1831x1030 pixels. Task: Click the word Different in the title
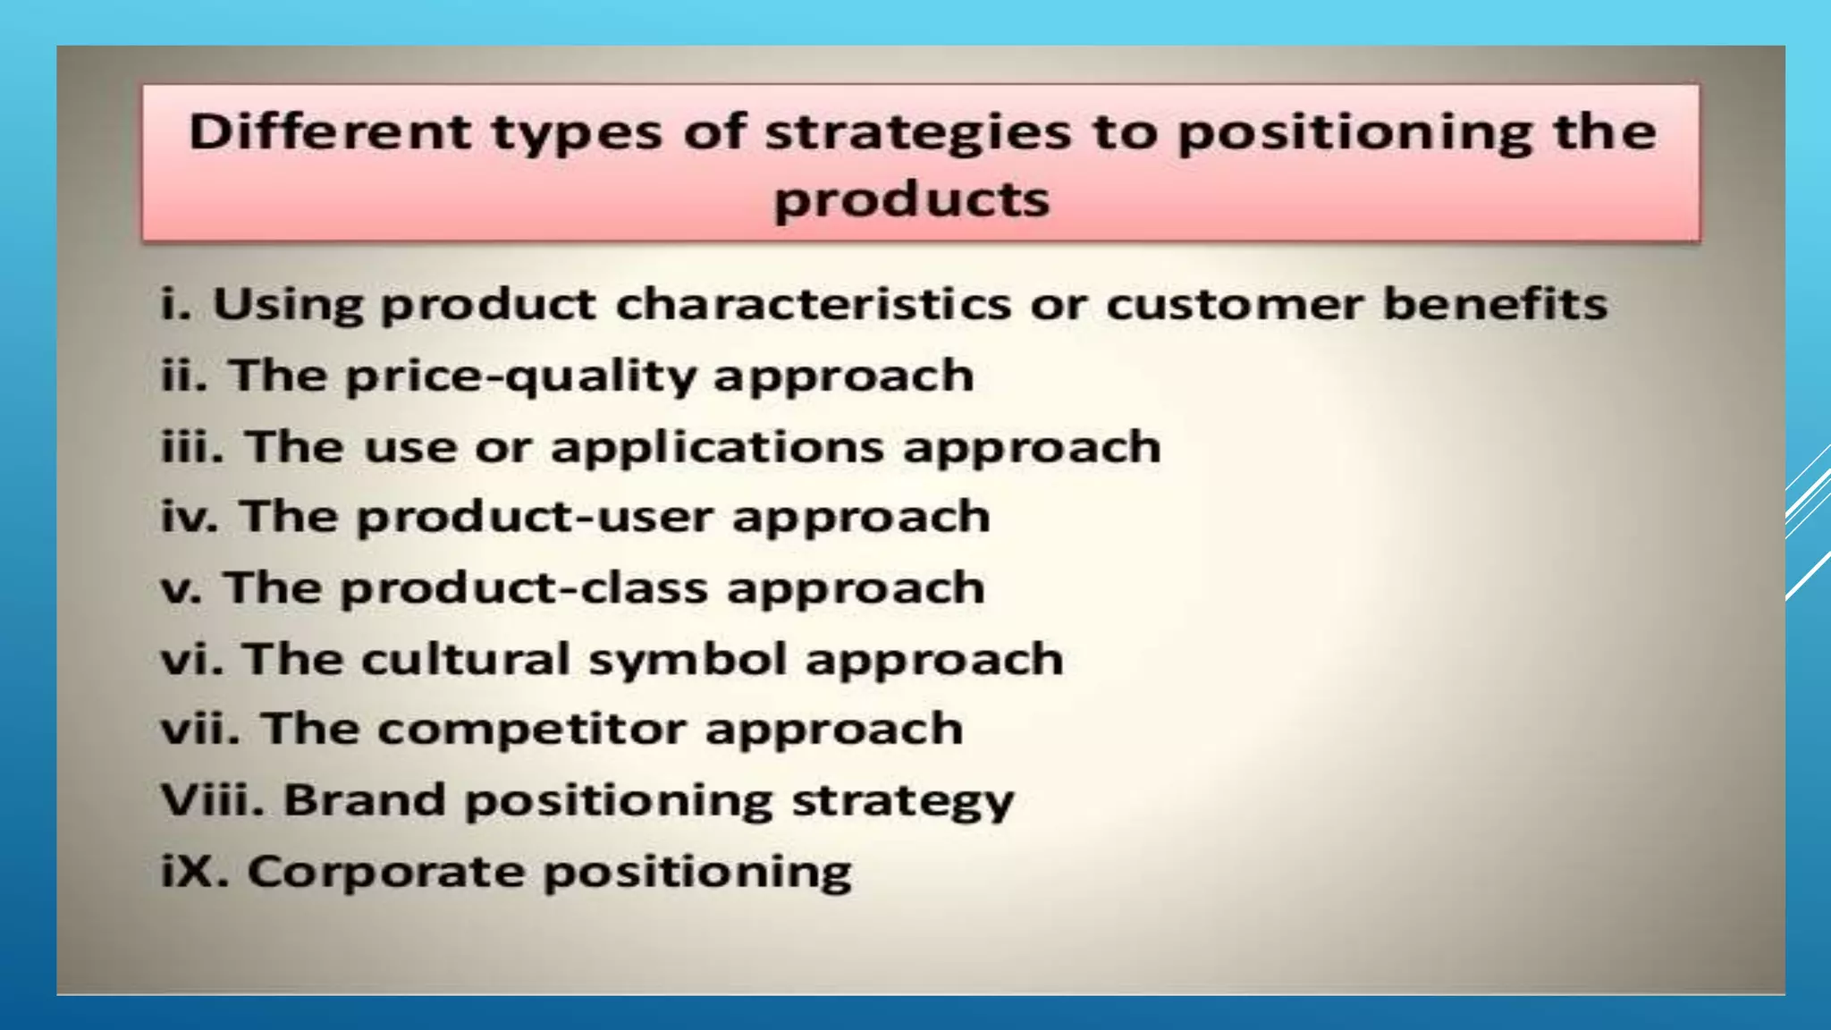tap(328, 132)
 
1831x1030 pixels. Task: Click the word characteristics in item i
tap(814, 305)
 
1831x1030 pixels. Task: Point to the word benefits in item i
tap(1495, 304)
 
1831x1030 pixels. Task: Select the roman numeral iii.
tap(190, 446)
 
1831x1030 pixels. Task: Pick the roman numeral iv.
tap(189, 518)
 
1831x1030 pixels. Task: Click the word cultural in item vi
tap(465, 660)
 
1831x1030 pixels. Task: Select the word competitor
tap(531, 730)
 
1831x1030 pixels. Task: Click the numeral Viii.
tap(212, 799)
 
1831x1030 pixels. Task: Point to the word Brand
tap(364, 799)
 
